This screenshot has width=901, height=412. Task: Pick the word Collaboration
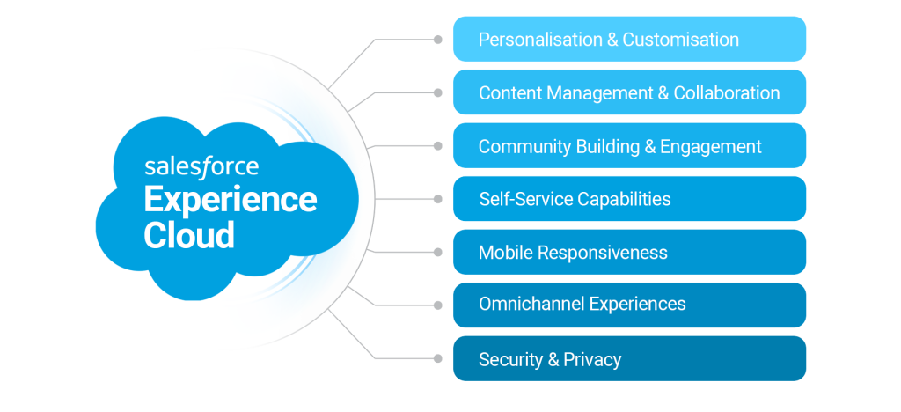(x=727, y=93)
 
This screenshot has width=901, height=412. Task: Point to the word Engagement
(x=712, y=146)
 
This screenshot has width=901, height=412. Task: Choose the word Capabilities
(x=623, y=199)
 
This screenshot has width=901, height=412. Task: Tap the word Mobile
(x=505, y=253)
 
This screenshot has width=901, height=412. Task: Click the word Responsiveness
(x=603, y=253)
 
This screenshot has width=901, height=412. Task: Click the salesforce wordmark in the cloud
(x=201, y=166)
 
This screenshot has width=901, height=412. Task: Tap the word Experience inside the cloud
(x=231, y=201)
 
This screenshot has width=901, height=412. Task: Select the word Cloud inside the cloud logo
(x=189, y=235)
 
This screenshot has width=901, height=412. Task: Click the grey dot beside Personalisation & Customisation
(x=437, y=39)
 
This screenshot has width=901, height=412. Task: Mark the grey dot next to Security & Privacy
(x=437, y=358)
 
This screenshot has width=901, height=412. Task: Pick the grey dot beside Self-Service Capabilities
(x=437, y=199)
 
